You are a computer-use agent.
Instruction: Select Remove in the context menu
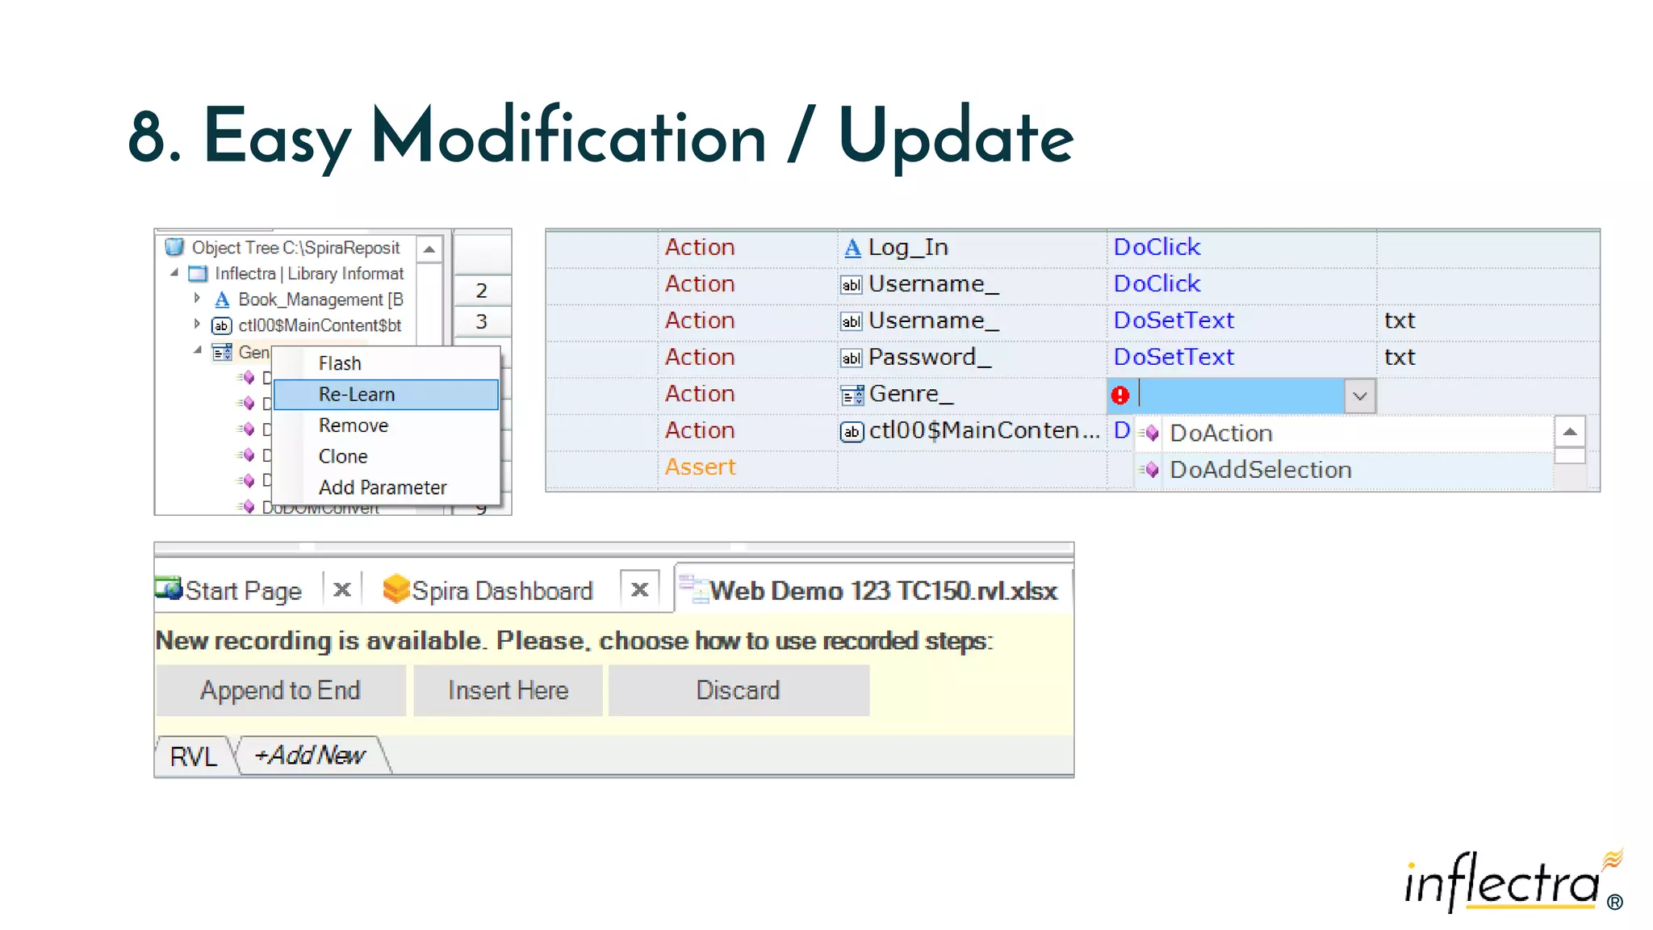click(354, 425)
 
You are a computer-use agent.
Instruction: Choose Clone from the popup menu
click(343, 456)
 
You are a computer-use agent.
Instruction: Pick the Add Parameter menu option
click(383, 488)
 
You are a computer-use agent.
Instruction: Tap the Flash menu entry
click(340, 363)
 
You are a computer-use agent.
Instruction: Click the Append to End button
click(280, 690)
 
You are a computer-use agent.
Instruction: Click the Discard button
click(738, 690)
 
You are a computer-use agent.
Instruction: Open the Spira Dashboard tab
click(501, 591)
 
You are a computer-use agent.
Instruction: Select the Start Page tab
click(243, 591)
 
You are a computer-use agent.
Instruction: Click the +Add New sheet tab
click(310, 756)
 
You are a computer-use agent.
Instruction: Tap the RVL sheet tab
click(194, 756)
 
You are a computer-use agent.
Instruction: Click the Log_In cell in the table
click(907, 247)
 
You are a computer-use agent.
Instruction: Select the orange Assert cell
click(700, 467)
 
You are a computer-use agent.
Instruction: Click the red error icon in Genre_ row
click(1120, 396)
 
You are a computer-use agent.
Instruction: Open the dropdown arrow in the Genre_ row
click(1360, 396)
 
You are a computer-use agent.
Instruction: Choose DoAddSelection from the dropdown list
click(1260, 470)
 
